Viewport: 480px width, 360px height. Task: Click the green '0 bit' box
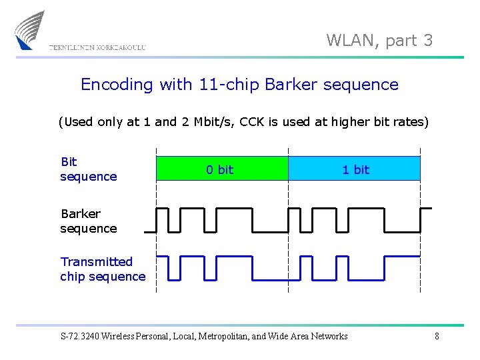pos(221,169)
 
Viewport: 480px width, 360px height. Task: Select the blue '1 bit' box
pos(355,169)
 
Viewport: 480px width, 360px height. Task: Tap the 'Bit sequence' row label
pos(88,169)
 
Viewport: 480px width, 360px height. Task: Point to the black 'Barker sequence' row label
pos(88,221)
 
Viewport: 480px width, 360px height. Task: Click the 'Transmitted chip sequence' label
pos(102,269)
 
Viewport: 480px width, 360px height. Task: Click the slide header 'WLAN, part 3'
pos(379,41)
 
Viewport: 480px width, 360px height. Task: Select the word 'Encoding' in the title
pos(117,85)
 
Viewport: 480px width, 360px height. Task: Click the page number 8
pos(437,337)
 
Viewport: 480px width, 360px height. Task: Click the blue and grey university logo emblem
pos(29,30)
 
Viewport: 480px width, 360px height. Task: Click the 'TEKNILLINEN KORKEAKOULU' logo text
pos(97,47)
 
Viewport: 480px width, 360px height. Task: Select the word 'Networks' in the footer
pos(327,337)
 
